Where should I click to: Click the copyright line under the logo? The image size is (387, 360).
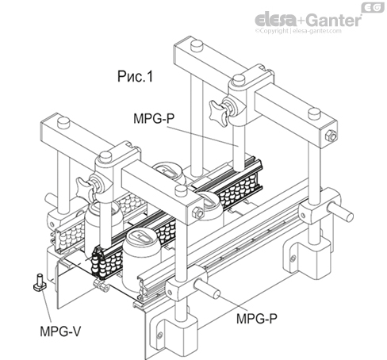308,33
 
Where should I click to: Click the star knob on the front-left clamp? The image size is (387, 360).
84,183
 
